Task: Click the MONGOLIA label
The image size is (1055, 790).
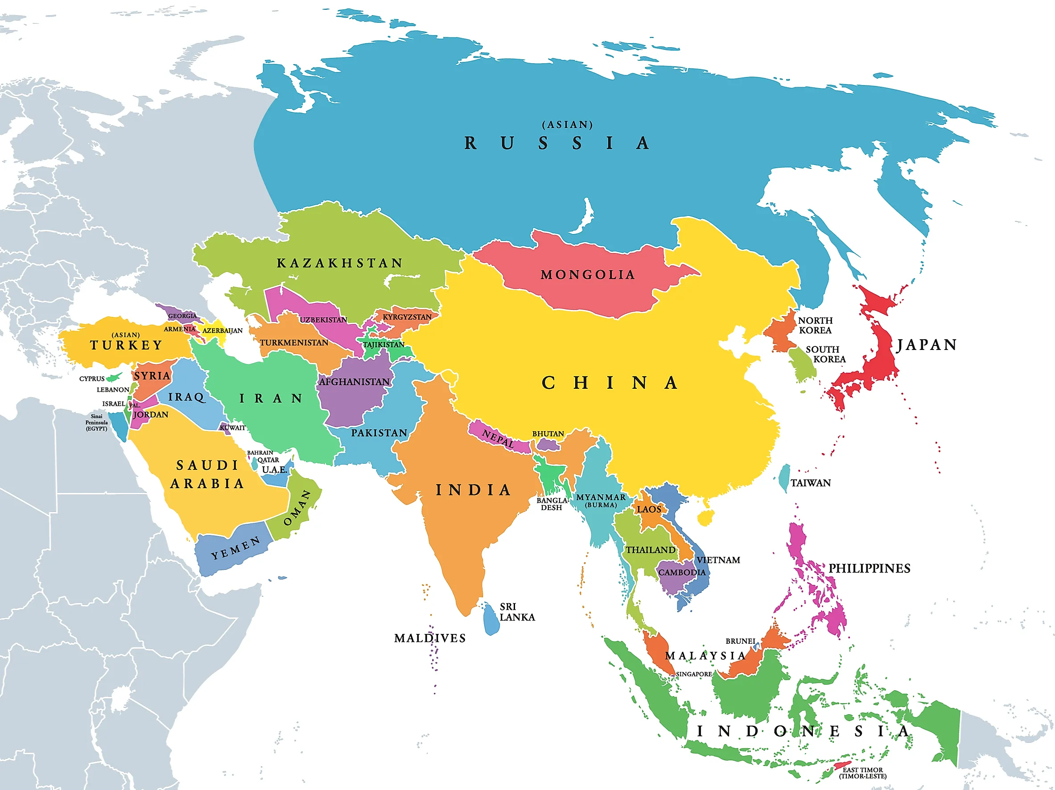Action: pos(588,275)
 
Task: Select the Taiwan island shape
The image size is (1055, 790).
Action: pos(783,478)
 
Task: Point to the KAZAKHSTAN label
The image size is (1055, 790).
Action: pos(340,263)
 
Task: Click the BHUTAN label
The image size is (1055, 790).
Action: pos(548,434)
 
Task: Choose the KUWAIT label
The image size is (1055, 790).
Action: pos(233,428)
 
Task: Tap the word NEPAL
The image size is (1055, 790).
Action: pos(498,438)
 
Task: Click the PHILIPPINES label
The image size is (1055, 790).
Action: pos(869,568)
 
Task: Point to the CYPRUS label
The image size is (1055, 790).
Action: pos(91,379)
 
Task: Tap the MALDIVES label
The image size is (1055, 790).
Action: pos(430,638)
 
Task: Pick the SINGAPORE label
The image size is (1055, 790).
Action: pos(693,674)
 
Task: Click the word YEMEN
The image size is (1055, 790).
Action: pos(235,548)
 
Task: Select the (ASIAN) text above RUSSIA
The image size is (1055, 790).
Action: pos(568,125)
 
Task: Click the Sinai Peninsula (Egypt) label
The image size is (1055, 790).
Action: pos(96,422)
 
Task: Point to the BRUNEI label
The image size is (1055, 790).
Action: pos(740,641)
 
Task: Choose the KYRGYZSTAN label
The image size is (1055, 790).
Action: pos(407,317)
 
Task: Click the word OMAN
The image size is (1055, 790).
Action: pos(297,508)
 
